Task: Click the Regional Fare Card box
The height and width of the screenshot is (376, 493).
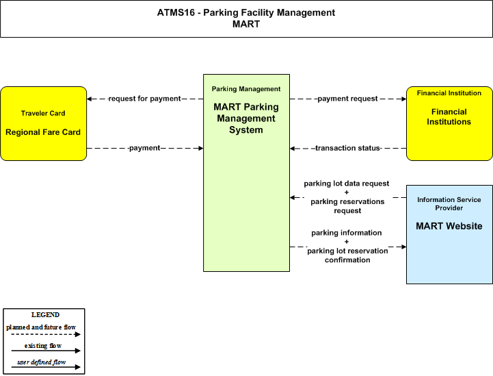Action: pos(43,123)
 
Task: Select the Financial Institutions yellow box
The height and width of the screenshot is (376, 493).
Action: pos(449,123)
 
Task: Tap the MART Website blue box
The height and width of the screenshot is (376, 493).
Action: pos(449,235)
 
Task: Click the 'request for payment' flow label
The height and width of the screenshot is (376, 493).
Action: pos(145,99)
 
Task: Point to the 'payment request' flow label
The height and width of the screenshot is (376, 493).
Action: pos(347,99)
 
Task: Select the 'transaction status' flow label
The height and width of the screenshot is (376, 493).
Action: pos(348,148)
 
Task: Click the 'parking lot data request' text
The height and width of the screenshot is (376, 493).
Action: pos(347,184)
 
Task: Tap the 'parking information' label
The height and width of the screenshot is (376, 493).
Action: pos(347,233)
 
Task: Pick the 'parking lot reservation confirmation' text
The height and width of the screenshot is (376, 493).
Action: pos(347,255)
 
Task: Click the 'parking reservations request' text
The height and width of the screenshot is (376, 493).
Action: pos(347,206)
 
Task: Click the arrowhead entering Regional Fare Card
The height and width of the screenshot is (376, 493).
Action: pos(90,99)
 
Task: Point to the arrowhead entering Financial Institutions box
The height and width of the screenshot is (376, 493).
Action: pos(403,99)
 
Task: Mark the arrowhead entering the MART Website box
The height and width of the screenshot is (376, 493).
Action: pos(403,247)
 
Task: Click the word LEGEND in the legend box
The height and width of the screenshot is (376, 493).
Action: pos(45,315)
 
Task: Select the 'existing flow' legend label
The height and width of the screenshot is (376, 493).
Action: pos(43,346)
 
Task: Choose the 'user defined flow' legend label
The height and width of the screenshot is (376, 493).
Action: pos(42,362)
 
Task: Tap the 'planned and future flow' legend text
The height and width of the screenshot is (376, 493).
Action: pos(41,327)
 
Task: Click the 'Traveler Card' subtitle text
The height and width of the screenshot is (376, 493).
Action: pos(43,114)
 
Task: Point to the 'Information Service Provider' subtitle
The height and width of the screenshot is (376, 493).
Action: pos(449,203)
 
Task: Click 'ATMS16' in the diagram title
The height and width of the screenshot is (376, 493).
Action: pos(176,12)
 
